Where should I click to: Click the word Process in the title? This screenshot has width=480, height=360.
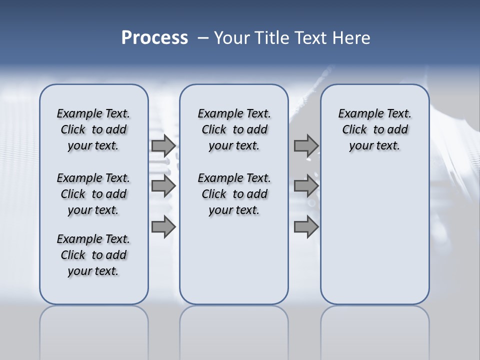click(x=154, y=38)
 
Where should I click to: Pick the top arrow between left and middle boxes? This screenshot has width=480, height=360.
click(x=163, y=145)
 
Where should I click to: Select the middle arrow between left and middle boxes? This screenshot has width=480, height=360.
click(x=163, y=186)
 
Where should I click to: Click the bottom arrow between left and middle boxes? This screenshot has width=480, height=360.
click(x=163, y=227)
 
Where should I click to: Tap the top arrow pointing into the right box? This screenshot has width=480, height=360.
click(x=306, y=145)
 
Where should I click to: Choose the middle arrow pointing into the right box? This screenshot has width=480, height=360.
click(x=306, y=186)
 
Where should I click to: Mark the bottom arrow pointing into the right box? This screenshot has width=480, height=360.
click(x=306, y=227)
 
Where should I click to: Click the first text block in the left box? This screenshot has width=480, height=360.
click(x=93, y=129)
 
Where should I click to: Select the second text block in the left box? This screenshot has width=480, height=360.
click(x=93, y=194)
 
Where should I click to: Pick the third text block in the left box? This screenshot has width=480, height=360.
click(x=93, y=255)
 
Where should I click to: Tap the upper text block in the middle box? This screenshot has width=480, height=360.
click(x=234, y=129)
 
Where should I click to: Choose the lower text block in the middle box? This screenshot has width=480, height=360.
click(x=234, y=194)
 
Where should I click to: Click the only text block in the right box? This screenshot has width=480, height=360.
click(x=375, y=129)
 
